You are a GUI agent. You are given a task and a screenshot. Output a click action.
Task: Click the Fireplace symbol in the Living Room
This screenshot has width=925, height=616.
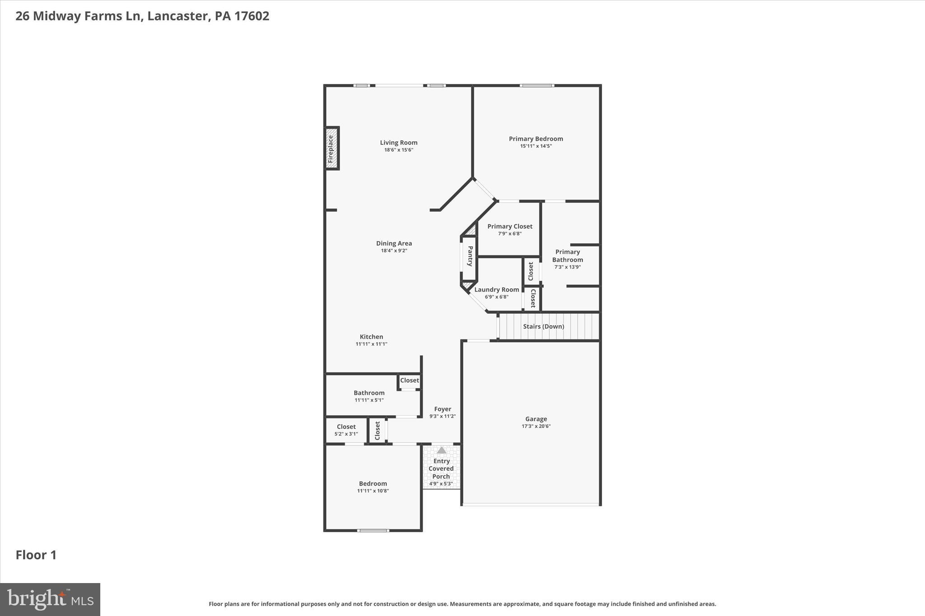(332, 148)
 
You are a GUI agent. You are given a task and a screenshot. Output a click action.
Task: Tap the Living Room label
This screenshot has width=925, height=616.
(398, 143)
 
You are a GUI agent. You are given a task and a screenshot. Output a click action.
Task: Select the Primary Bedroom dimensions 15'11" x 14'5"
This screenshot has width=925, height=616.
(536, 146)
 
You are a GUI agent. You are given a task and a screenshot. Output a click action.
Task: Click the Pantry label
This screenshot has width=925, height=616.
(470, 256)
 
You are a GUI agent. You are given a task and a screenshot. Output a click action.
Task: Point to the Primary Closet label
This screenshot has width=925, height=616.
(509, 227)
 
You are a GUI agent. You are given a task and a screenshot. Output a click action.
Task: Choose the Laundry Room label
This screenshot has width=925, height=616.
(496, 290)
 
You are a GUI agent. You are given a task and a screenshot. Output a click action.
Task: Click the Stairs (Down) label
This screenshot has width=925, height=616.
(543, 326)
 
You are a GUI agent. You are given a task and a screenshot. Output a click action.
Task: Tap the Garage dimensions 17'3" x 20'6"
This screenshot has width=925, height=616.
(536, 426)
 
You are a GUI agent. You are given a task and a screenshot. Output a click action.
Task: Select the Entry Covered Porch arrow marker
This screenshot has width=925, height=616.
(441, 450)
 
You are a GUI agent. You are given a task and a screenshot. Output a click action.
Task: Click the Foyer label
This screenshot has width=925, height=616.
(443, 409)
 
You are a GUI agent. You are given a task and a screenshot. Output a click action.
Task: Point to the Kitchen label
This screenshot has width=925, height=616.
(371, 337)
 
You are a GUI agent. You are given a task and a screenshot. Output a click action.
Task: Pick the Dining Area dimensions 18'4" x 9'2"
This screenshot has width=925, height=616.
(394, 250)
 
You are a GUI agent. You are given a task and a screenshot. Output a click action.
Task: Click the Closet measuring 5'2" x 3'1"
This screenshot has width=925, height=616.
(346, 430)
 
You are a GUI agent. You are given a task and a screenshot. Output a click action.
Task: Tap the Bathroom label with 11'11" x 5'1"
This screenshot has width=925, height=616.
(369, 393)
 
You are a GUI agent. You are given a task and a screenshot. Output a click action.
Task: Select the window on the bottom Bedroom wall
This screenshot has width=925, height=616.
(373, 531)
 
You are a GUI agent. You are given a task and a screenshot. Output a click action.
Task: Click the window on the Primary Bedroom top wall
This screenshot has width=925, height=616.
(537, 85)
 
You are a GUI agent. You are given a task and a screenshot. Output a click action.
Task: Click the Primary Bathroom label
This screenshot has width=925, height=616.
(567, 256)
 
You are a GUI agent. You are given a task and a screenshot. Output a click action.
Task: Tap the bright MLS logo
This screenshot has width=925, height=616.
(50, 599)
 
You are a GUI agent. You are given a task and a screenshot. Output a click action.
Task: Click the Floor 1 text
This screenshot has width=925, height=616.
(36, 555)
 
